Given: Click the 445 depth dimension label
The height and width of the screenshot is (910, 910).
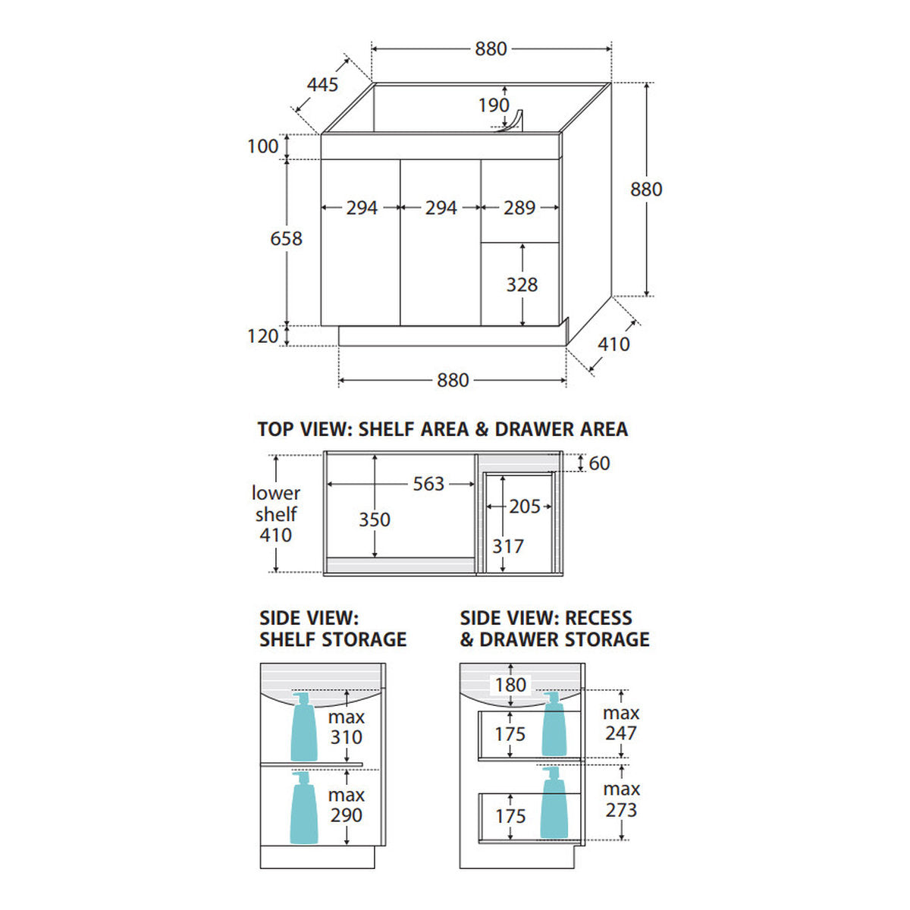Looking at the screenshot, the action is coord(322,85).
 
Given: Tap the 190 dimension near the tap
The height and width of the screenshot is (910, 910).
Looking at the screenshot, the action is coord(494,105).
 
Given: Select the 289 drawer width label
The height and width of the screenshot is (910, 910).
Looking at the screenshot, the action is coord(519,208).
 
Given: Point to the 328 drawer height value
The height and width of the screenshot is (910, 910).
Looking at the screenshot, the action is coord(522,285).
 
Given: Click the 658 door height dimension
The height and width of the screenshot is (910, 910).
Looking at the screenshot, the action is coord(286,239).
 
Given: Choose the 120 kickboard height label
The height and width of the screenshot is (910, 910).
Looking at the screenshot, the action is coord(263,336).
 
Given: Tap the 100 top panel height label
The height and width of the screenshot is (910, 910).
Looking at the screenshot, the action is coord(263,146).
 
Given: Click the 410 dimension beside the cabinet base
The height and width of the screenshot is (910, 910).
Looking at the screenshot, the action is coord(614,344).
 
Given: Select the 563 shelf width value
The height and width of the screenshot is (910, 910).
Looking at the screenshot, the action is coord(428,484).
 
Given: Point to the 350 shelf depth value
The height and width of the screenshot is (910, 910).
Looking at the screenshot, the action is coord(375,520).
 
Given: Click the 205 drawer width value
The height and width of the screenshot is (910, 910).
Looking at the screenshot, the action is coord(525,507).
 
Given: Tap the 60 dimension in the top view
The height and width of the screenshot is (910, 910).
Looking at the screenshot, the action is coord(600,464).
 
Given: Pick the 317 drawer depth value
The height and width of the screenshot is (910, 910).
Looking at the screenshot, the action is coord(508,547).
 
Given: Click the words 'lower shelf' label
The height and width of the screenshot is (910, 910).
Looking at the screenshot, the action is coord(276,504).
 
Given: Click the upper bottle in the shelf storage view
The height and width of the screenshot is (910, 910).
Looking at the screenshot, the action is coord(303,726).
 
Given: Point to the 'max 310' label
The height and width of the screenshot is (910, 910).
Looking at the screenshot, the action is coord(347,727).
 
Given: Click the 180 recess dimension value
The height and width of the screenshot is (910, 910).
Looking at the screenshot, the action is coord(510,686).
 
